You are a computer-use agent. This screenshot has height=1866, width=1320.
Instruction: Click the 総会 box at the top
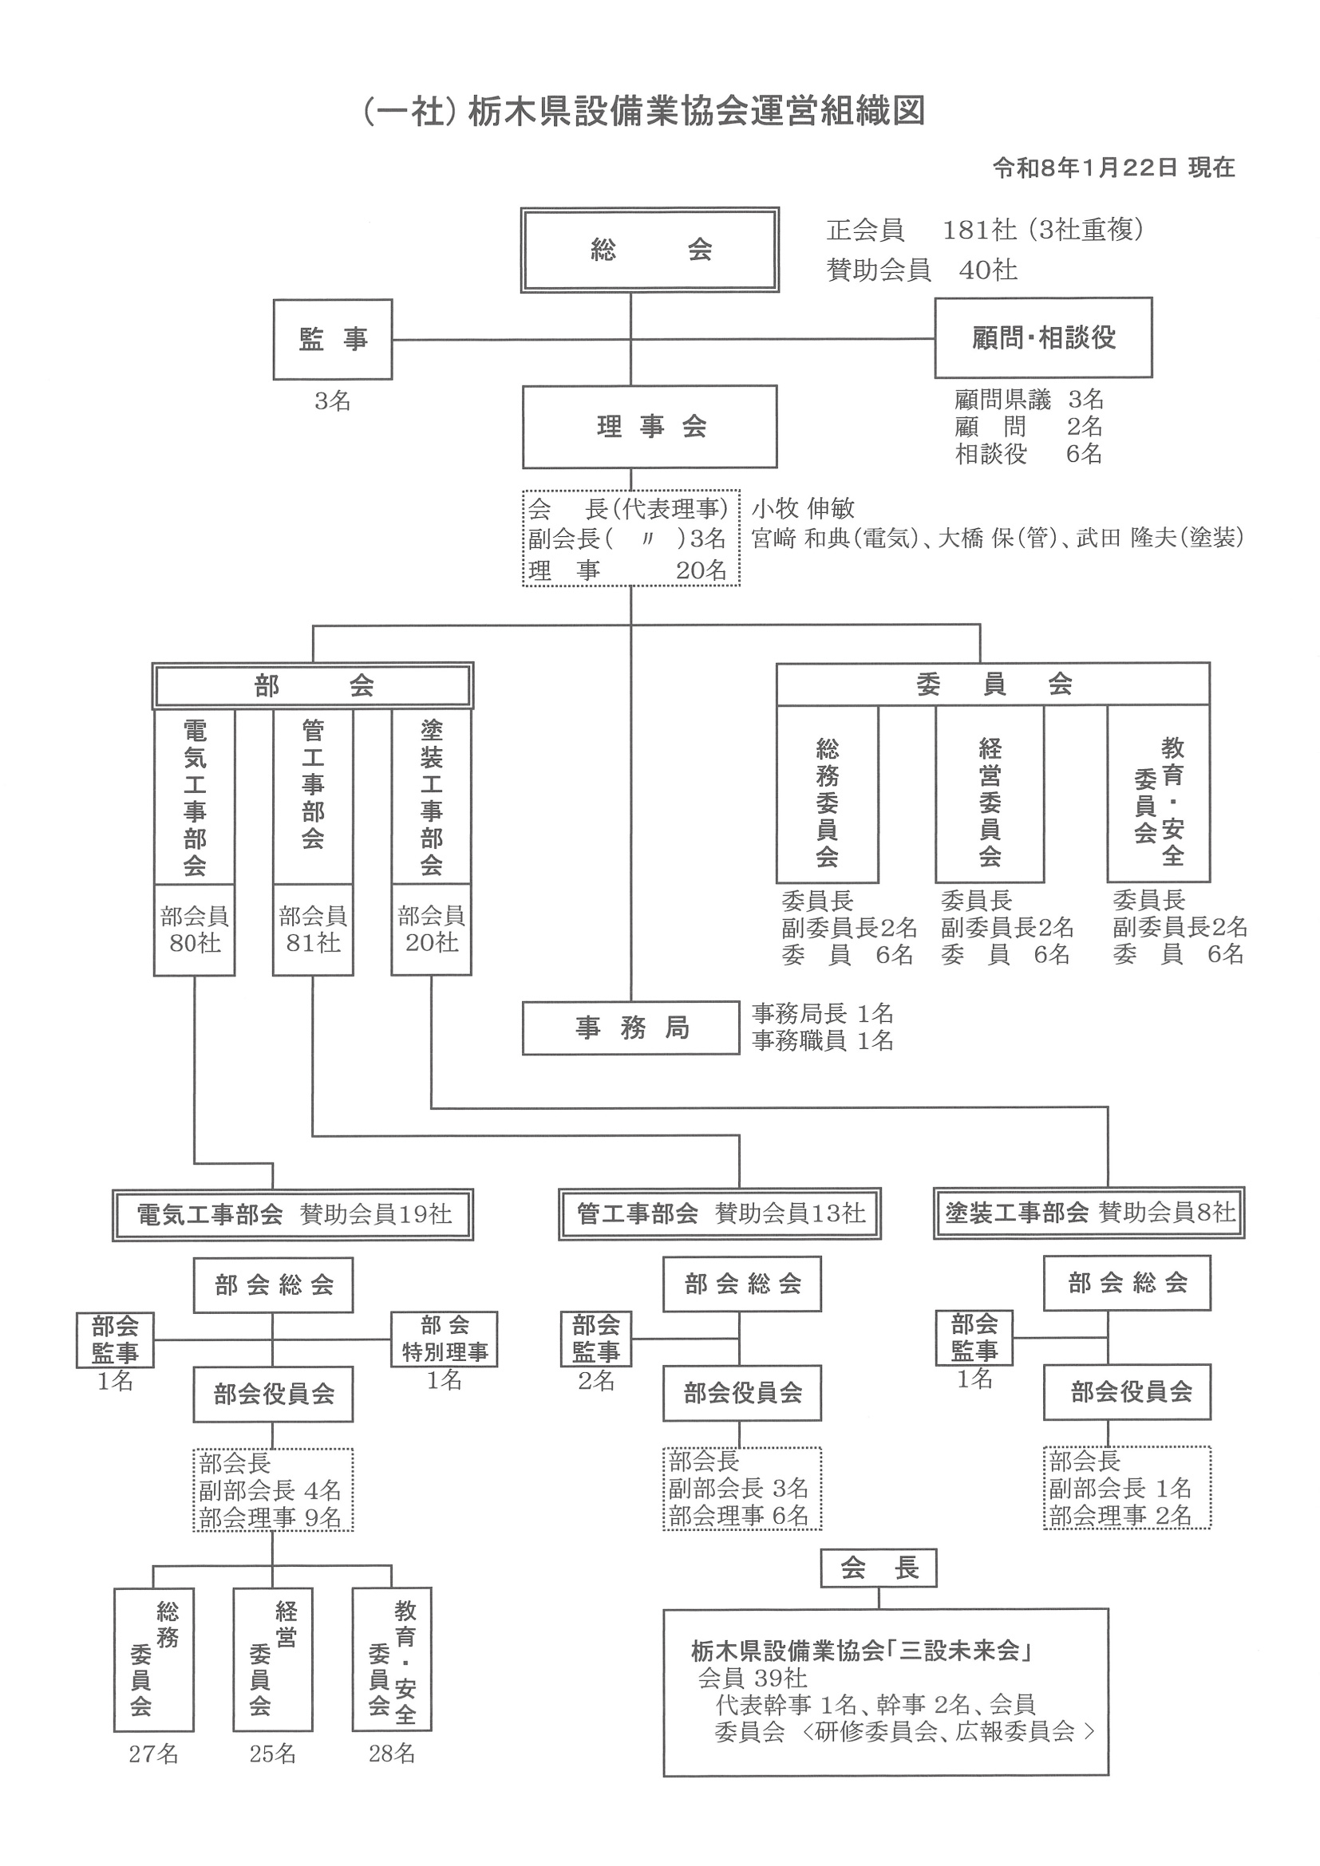pyautogui.click(x=650, y=251)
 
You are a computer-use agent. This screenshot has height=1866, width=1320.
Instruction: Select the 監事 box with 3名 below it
pyautogui.click(x=333, y=339)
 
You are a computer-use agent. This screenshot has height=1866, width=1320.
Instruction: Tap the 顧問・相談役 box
pyautogui.click(x=1043, y=337)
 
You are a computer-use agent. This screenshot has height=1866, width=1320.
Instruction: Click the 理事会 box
pyautogui.click(x=650, y=427)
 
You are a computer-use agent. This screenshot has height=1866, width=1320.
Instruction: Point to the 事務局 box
pyautogui.click(x=630, y=1028)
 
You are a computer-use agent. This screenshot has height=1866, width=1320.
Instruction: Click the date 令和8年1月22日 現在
pyautogui.click(x=1113, y=168)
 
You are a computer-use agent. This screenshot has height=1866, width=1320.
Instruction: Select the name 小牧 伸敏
pyautogui.click(x=803, y=509)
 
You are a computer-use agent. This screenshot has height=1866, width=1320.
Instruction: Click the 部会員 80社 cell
pyautogui.click(x=194, y=929)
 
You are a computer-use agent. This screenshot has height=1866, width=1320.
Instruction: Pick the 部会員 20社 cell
pyautogui.click(x=431, y=929)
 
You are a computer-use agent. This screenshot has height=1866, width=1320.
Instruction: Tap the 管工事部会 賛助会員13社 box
pyautogui.click(x=719, y=1214)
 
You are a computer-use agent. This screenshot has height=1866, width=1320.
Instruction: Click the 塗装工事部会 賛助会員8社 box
pyautogui.click(x=1089, y=1213)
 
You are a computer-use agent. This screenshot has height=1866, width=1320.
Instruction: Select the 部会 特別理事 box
pyautogui.click(x=444, y=1339)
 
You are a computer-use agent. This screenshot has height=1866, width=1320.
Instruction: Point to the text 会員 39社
pyautogui.click(x=752, y=1679)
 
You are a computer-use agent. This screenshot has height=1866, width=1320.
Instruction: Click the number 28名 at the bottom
pyautogui.click(x=392, y=1754)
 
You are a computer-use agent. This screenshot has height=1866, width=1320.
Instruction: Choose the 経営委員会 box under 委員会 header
pyautogui.click(x=989, y=794)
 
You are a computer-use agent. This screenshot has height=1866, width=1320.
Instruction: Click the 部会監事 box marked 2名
pyautogui.click(x=596, y=1339)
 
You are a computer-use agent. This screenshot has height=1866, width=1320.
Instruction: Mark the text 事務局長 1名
pyautogui.click(x=823, y=1013)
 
